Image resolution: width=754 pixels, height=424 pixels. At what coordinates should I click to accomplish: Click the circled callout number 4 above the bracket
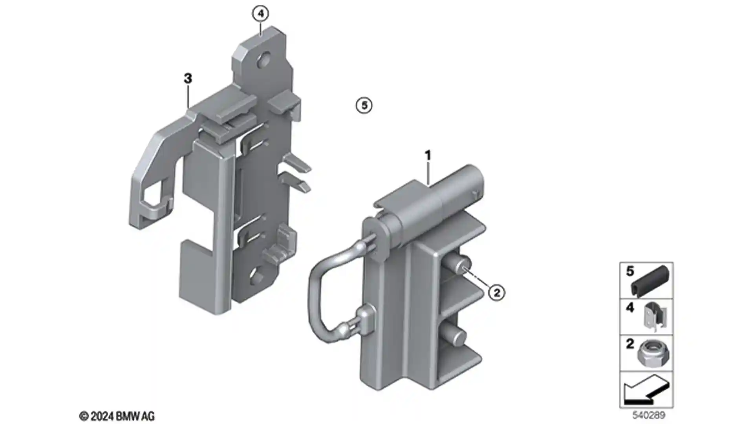point(261,14)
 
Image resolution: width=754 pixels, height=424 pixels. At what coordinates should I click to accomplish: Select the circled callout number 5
point(364,105)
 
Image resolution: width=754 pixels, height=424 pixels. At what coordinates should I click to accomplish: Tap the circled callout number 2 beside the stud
point(497,292)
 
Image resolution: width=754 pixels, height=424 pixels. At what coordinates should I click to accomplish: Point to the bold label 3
point(188,79)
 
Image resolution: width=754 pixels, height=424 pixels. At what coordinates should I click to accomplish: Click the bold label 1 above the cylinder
point(428,155)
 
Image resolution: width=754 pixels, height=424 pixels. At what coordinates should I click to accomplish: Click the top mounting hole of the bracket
point(264,60)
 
